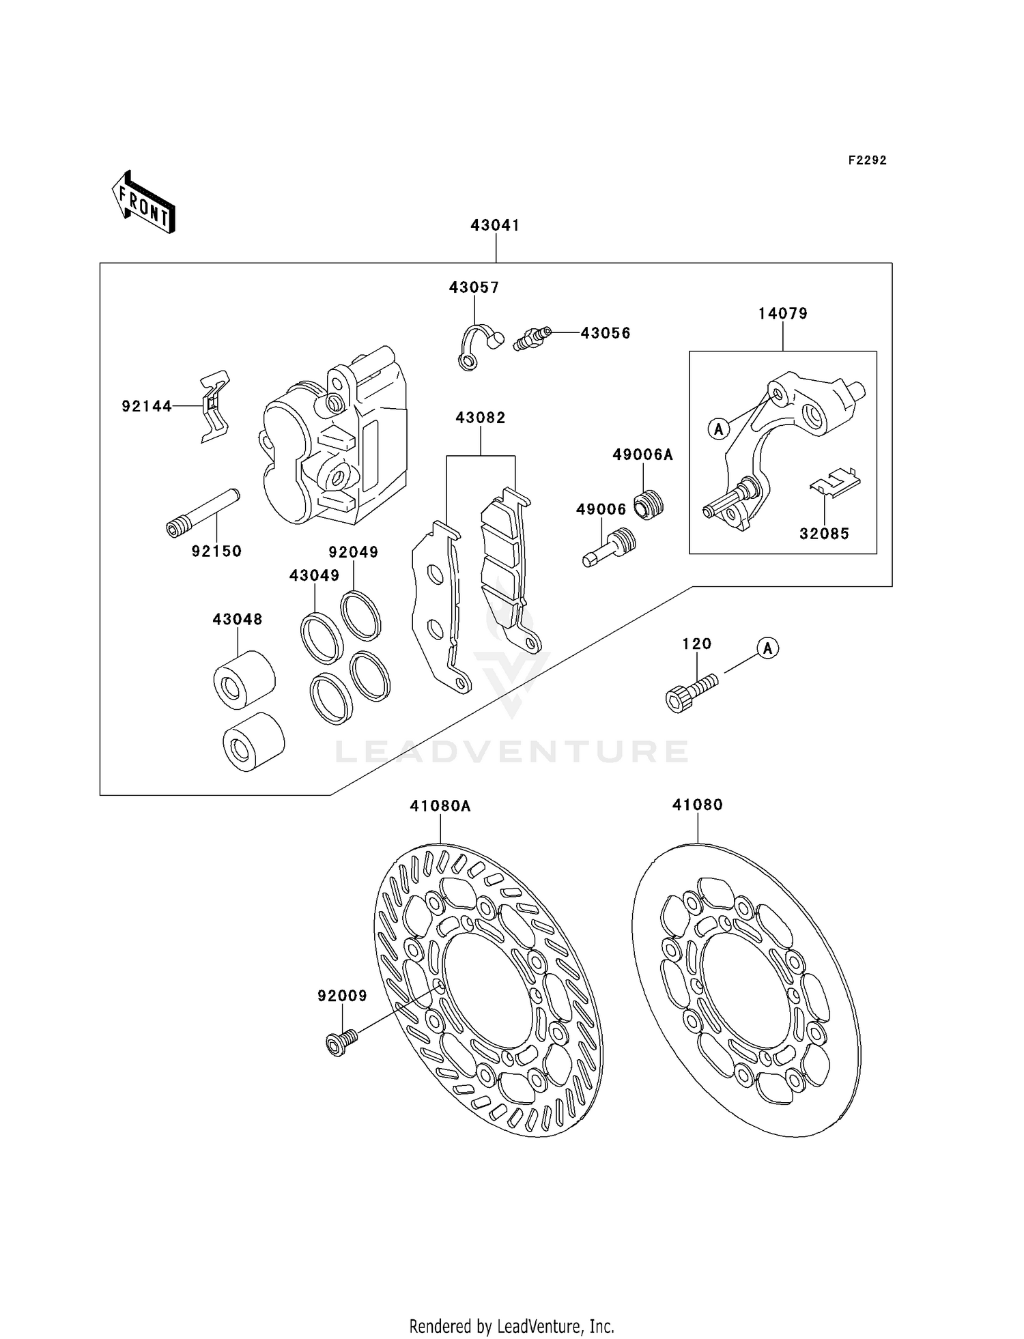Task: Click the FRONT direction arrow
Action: pyautogui.click(x=143, y=203)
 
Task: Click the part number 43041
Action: pyautogui.click(x=495, y=225)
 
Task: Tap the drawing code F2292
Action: pyautogui.click(x=867, y=160)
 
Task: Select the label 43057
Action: pyautogui.click(x=474, y=287)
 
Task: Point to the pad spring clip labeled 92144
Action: pyautogui.click(x=214, y=407)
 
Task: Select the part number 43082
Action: pyautogui.click(x=481, y=418)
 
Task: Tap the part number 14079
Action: pyautogui.click(x=782, y=313)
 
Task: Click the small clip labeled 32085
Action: pyautogui.click(x=834, y=480)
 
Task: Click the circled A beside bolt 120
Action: pyautogui.click(x=767, y=648)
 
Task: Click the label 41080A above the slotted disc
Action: pyautogui.click(x=440, y=806)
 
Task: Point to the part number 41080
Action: pyautogui.click(x=697, y=805)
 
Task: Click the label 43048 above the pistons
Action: pyautogui.click(x=237, y=619)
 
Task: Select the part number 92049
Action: pyautogui.click(x=353, y=552)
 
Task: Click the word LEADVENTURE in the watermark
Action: pyautogui.click(x=511, y=752)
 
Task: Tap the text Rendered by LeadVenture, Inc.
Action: pyautogui.click(x=511, y=1326)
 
